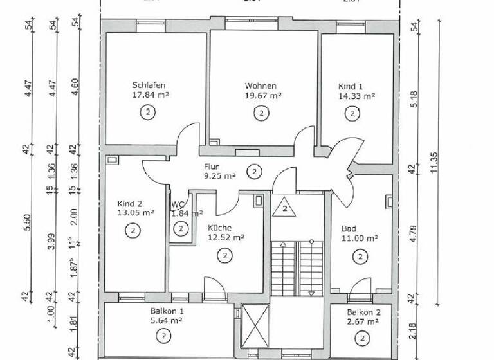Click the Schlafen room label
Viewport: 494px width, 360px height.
click(x=149, y=85)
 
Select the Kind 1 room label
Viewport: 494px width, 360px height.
click(x=351, y=86)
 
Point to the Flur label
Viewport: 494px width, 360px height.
click(x=193, y=166)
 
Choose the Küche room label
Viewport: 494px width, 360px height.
click(x=219, y=228)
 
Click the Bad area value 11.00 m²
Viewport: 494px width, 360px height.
click(x=359, y=237)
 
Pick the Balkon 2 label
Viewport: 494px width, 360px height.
click(x=363, y=313)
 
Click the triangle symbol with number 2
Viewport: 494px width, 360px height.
click(x=282, y=209)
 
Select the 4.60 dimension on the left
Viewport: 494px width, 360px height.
click(x=75, y=86)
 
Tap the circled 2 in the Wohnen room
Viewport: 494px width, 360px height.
click(x=261, y=114)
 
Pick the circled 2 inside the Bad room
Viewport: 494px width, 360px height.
click(x=358, y=256)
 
